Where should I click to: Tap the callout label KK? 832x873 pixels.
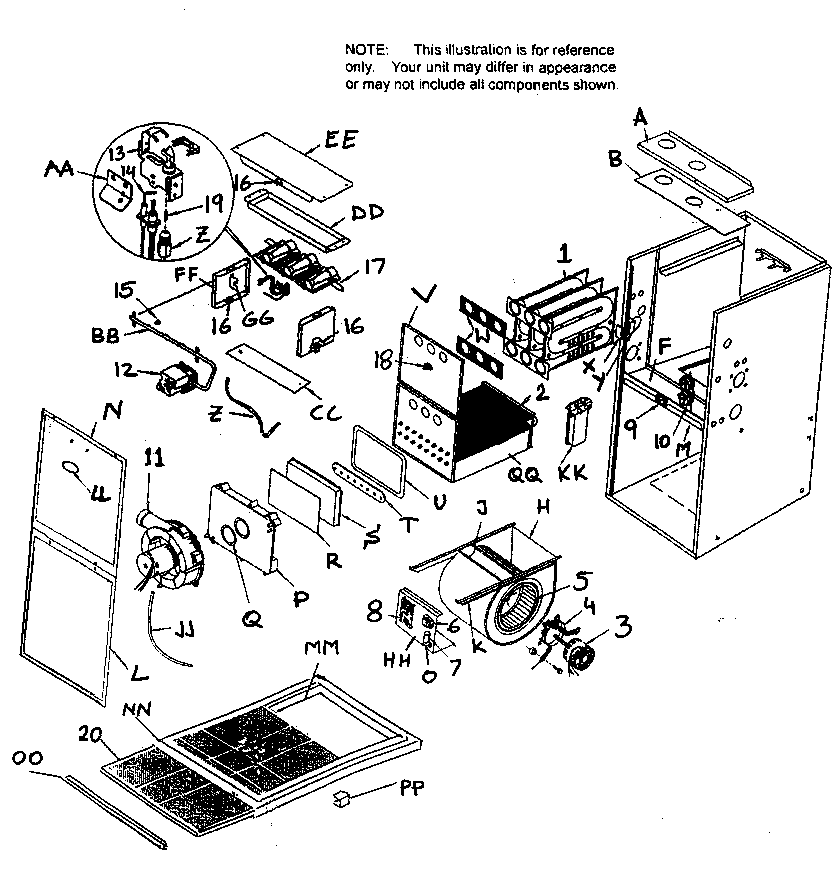(x=572, y=473)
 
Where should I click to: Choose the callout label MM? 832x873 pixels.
(x=322, y=648)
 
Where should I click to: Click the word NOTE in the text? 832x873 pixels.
(x=366, y=50)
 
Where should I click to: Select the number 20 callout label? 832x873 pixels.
(x=90, y=735)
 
